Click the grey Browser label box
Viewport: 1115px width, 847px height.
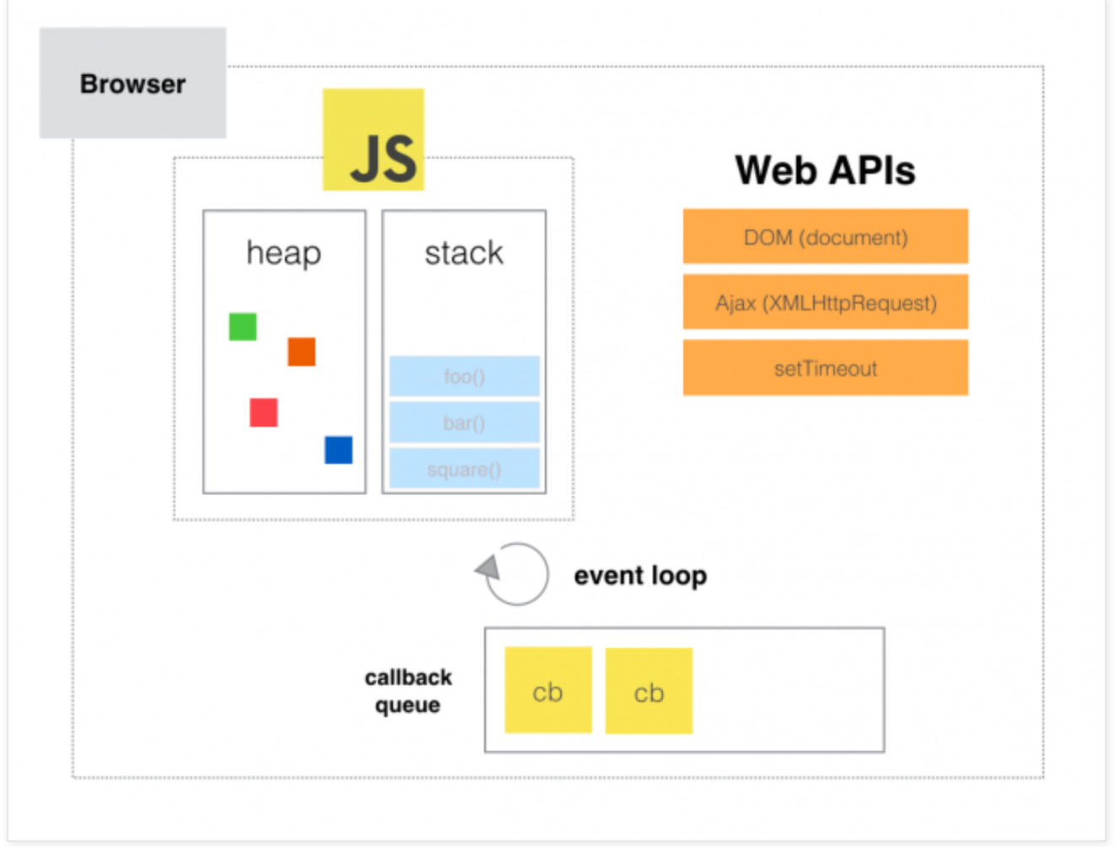click(132, 84)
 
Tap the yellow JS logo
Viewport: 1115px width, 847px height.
click(374, 140)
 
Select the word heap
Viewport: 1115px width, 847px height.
click(283, 252)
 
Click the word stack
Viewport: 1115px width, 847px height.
click(463, 252)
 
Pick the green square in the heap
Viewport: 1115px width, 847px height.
click(243, 326)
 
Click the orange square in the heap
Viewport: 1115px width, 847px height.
click(301, 352)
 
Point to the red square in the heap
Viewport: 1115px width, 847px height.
click(264, 413)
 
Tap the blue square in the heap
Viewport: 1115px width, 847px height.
click(338, 450)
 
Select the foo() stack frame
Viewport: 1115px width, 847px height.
click(464, 376)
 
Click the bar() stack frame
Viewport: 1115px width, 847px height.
click(464, 423)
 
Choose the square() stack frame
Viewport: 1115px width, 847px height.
click(464, 469)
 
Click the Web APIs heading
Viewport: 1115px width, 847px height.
click(825, 170)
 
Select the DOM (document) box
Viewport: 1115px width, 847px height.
click(825, 237)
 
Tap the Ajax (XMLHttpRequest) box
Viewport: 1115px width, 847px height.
click(825, 302)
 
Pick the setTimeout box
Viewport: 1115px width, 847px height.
click(825, 368)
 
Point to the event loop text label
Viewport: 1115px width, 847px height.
click(640, 575)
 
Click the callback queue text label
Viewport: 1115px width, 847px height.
click(408, 691)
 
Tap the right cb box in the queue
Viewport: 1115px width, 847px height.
click(649, 691)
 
